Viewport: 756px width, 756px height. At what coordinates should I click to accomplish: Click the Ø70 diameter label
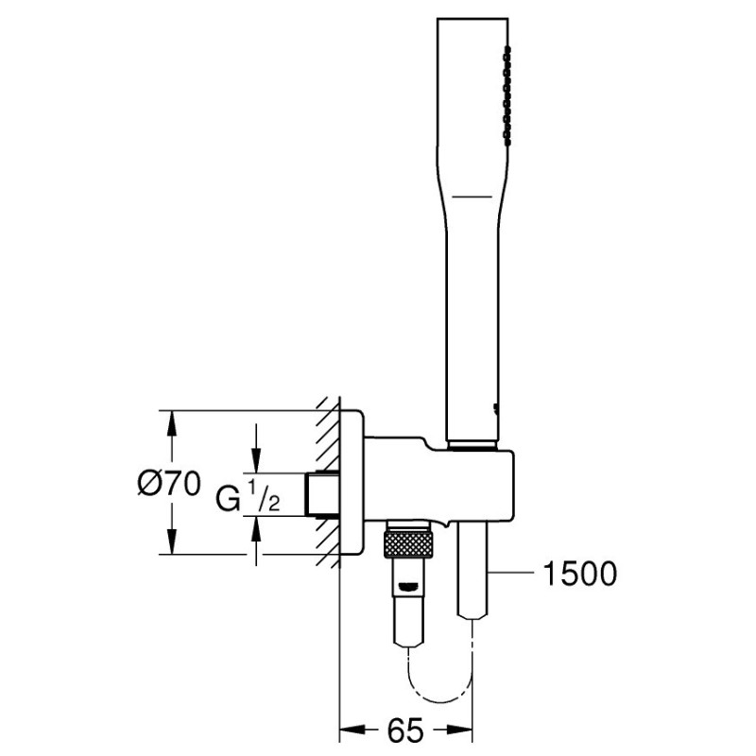pyautogui.click(x=169, y=483)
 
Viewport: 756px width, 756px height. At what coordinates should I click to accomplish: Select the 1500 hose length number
pyautogui.click(x=579, y=574)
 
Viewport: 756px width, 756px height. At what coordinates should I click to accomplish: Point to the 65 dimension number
pyautogui.click(x=405, y=730)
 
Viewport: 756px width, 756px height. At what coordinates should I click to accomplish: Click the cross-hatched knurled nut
pyautogui.click(x=408, y=544)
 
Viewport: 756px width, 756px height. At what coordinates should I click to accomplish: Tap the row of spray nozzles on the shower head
pyautogui.click(x=507, y=96)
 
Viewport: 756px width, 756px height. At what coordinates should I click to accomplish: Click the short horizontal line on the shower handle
pyautogui.click(x=472, y=197)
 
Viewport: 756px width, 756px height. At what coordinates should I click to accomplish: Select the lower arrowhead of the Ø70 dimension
pyautogui.click(x=171, y=541)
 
